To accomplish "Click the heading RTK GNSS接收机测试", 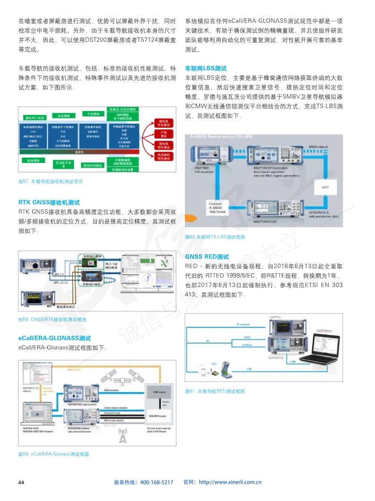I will (49, 202).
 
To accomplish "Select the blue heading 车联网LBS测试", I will (206, 69).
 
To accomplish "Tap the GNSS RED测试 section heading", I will (207, 257).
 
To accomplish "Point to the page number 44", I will (21, 482).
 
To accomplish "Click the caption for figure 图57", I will (50, 181).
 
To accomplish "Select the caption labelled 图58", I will (52, 320).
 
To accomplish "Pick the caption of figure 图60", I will (215, 237).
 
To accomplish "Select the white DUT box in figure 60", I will (325, 187).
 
